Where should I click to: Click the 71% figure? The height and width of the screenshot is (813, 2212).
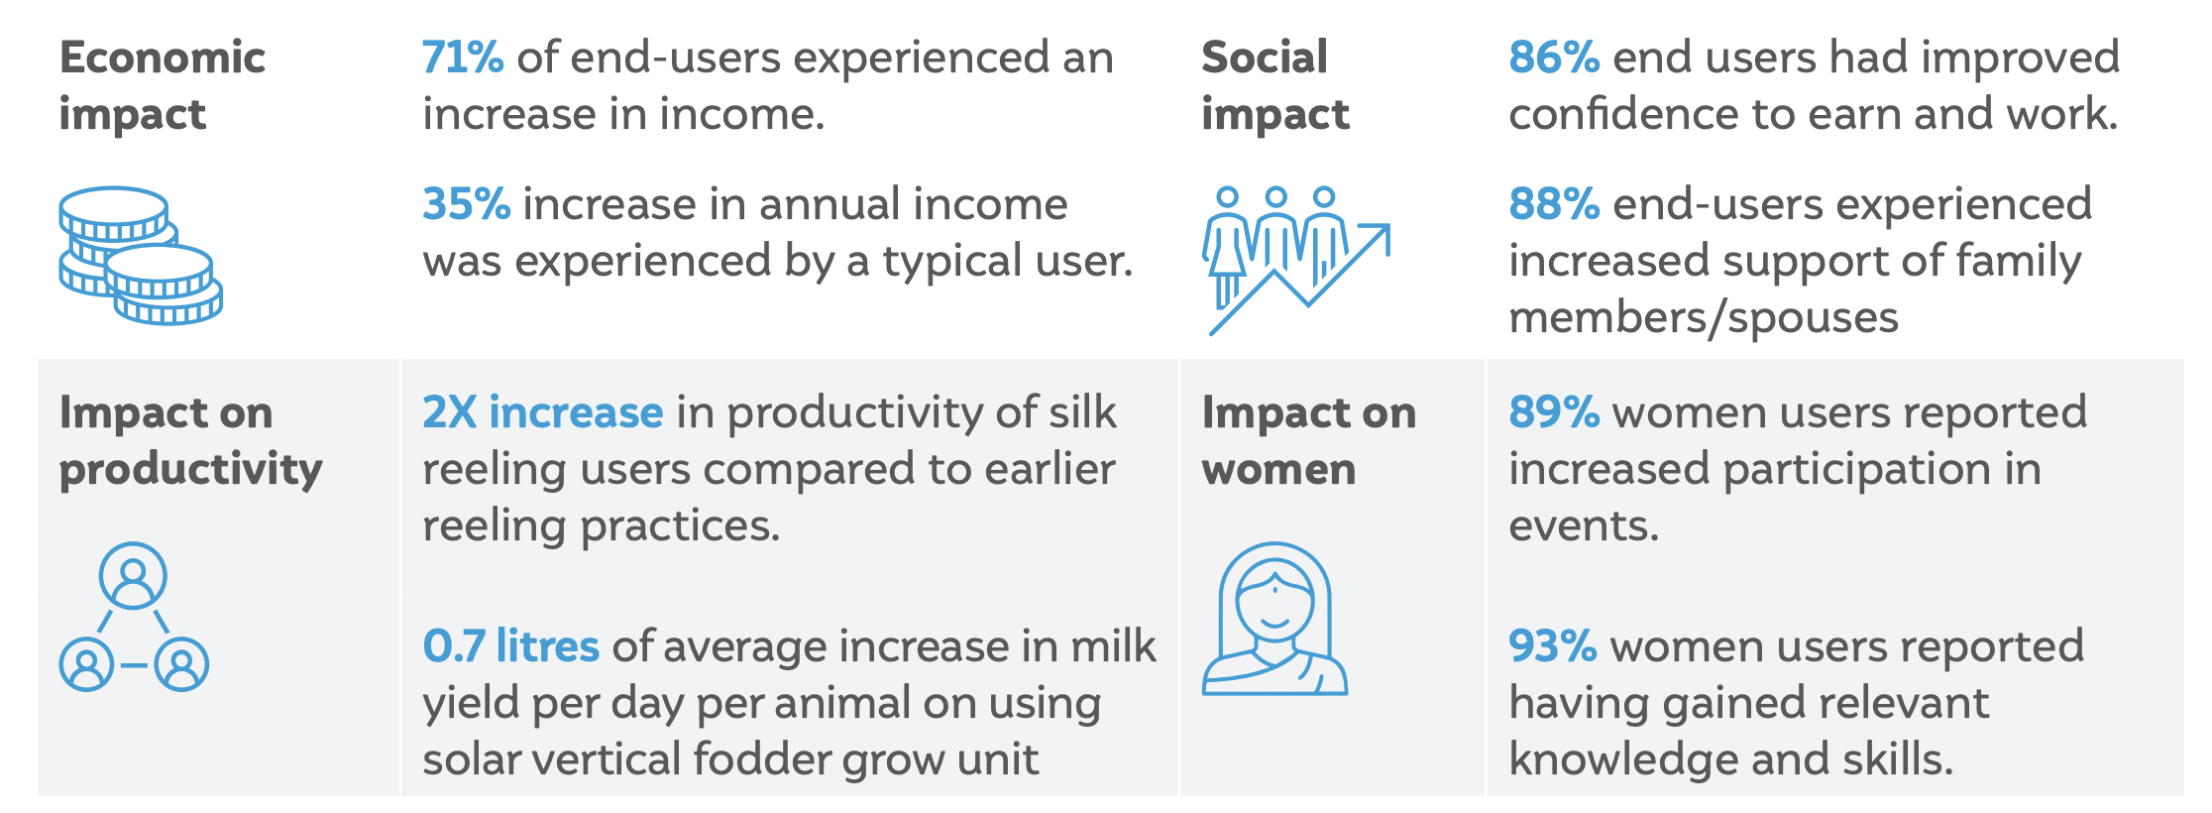(x=463, y=58)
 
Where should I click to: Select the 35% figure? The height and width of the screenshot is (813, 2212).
(x=466, y=204)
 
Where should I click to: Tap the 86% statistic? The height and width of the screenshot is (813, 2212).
(x=1553, y=58)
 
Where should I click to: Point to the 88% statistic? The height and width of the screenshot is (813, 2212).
(x=1553, y=204)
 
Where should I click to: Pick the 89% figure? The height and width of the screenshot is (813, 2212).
(x=1553, y=412)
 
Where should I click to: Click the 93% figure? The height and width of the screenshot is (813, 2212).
(x=1552, y=646)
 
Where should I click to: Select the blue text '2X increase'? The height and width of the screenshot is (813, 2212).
(x=542, y=412)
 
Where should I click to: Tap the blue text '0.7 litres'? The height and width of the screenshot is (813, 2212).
(x=510, y=646)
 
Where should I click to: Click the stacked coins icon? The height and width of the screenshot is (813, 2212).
(x=140, y=256)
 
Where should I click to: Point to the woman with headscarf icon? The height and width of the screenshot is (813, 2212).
(x=1274, y=619)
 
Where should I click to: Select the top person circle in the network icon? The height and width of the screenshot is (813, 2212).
(x=133, y=576)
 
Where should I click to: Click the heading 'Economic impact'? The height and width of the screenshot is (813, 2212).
(x=163, y=86)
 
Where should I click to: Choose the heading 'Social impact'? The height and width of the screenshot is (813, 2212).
(x=1275, y=86)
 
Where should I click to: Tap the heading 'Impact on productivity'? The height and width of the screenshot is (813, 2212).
(x=190, y=441)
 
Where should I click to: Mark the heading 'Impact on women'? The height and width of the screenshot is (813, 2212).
(x=1309, y=441)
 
